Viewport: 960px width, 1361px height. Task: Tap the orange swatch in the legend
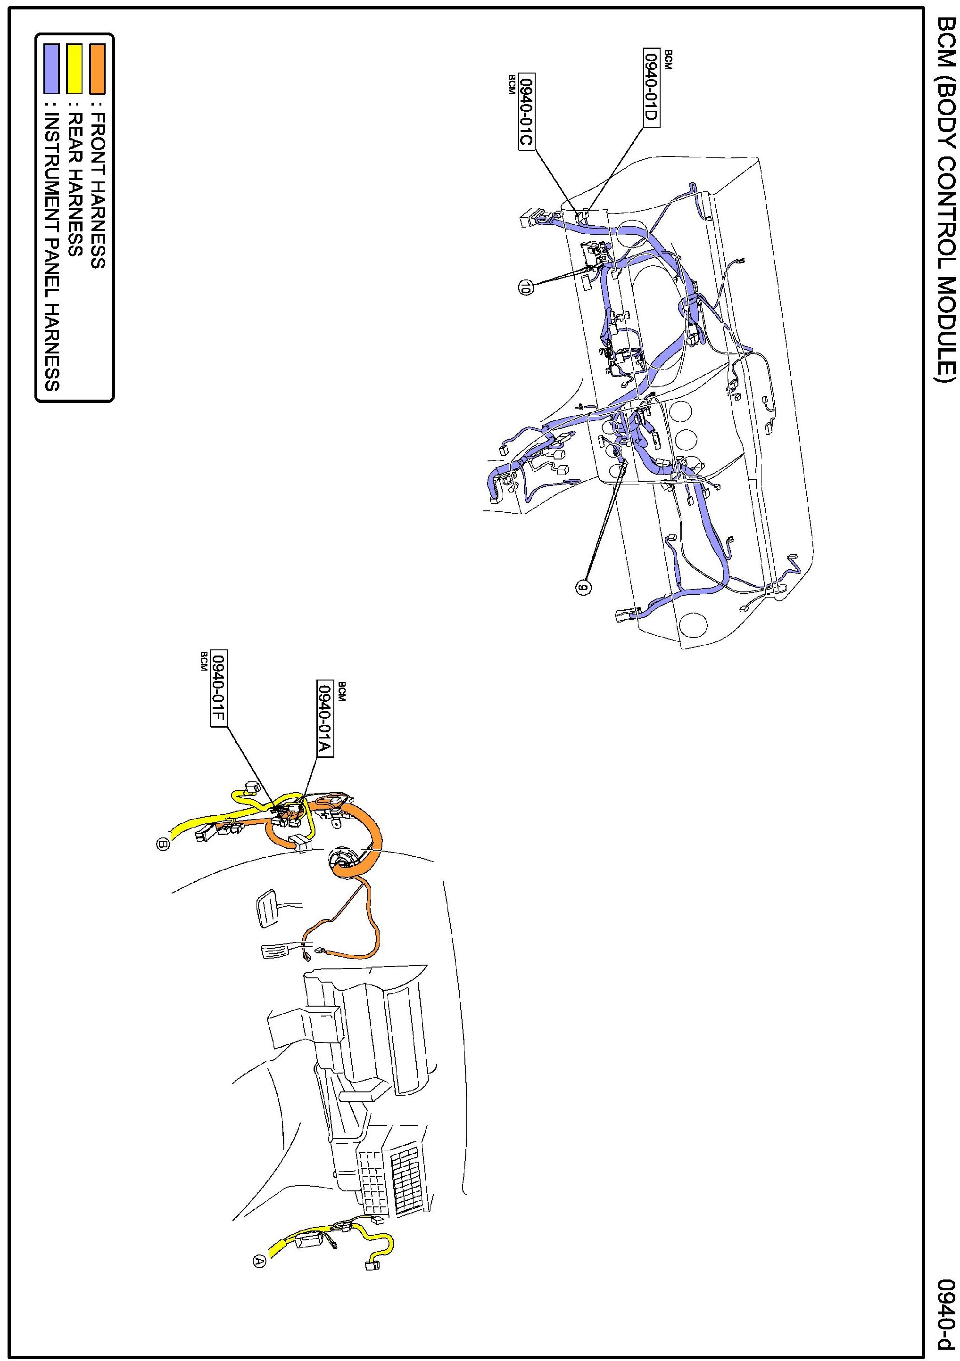pos(97,69)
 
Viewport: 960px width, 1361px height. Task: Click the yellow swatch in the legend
pos(74,69)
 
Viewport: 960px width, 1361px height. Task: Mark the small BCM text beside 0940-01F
pos(203,660)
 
